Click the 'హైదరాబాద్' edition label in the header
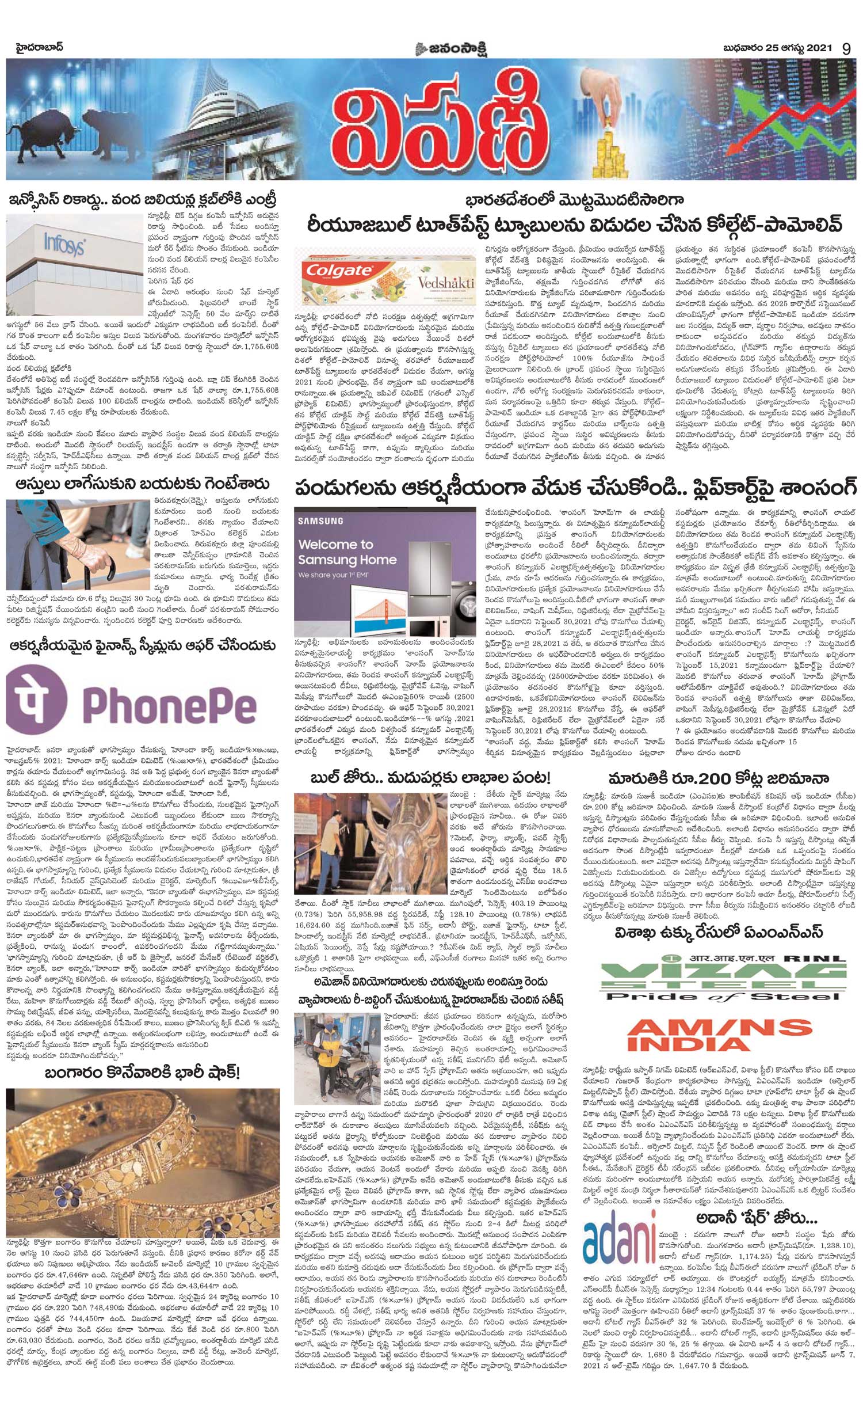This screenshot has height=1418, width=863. (40, 47)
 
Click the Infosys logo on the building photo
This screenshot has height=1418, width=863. (63, 244)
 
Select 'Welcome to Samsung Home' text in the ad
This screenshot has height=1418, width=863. (346, 552)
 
